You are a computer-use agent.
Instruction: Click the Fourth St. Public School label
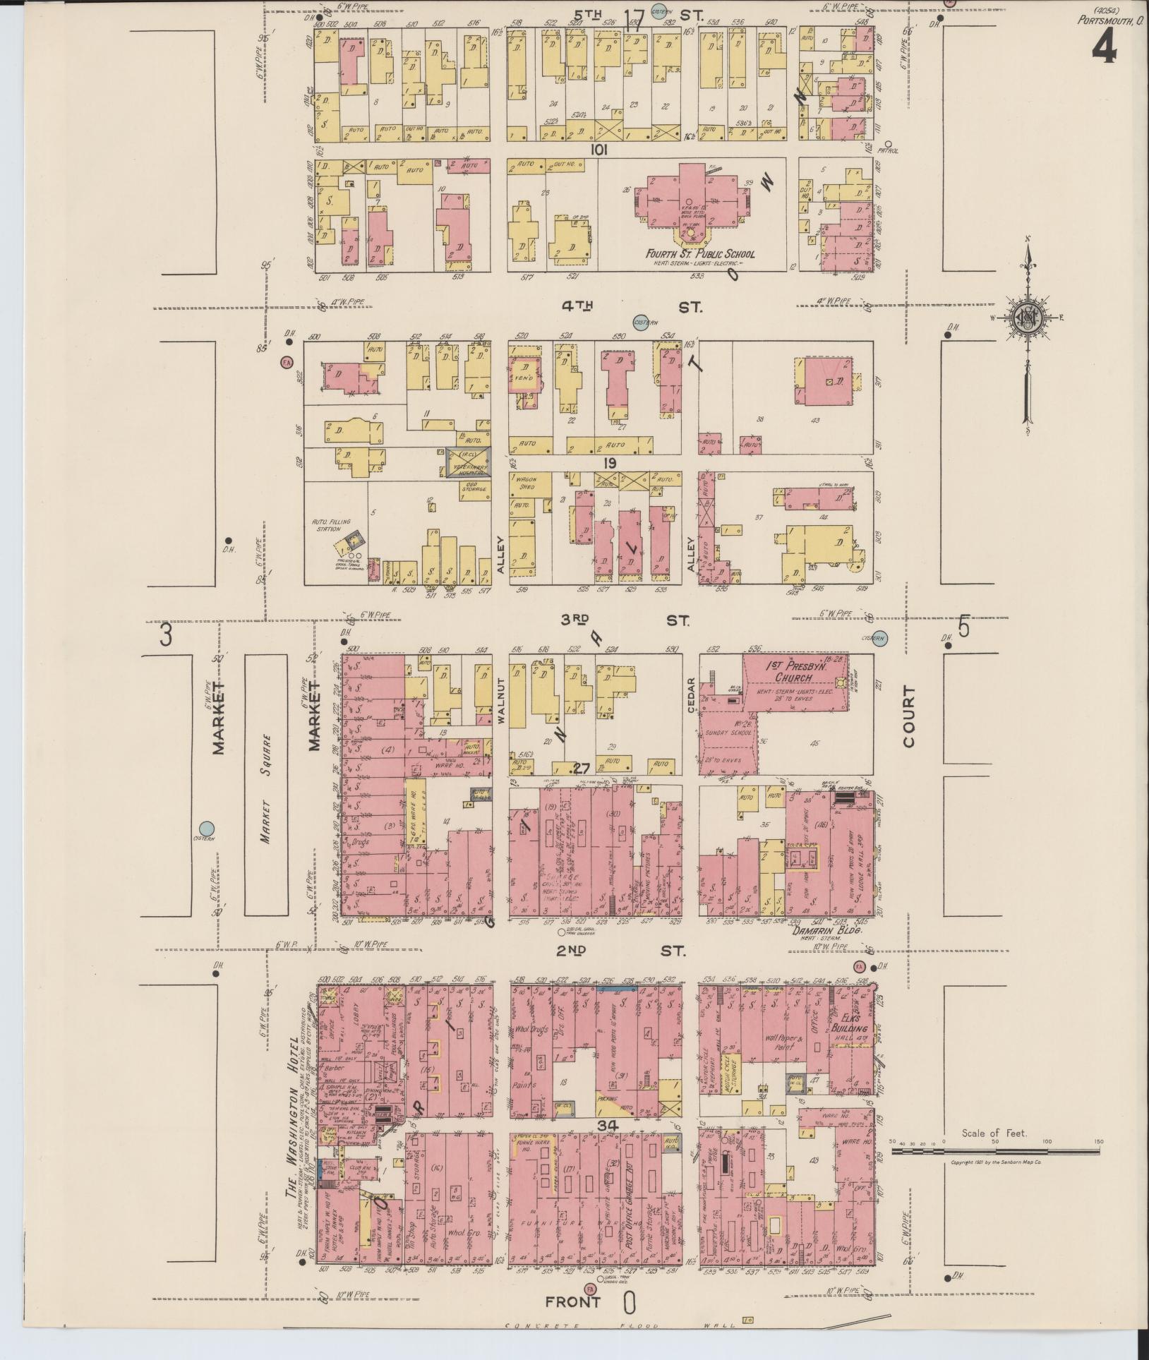pos(699,254)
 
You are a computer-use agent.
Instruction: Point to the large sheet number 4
pos(1105,48)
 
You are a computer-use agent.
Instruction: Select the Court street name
pos(908,716)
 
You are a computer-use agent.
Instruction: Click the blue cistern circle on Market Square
pos(206,828)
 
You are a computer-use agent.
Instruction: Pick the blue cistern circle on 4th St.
pos(641,321)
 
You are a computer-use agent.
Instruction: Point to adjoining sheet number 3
pos(165,635)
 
